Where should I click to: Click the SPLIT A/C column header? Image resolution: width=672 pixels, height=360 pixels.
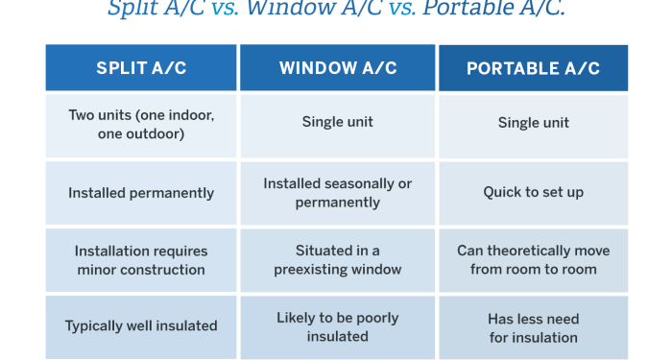tap(141, 68)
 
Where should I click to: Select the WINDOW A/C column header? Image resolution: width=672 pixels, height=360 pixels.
tap(338, 68)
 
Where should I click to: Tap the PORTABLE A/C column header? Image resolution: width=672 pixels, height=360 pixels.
tap(533, 68)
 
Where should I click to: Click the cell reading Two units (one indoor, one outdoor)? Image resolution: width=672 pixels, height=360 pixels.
tap(141, 125)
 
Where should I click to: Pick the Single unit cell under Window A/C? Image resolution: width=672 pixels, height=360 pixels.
tap(338, 123)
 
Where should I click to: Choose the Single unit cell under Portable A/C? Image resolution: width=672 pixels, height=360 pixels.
tap(533, 123)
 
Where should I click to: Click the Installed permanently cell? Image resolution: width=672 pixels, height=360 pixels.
tap(141, 193)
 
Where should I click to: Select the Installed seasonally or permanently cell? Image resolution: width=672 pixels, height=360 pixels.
tap(338, 193)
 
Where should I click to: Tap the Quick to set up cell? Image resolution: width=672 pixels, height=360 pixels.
tap(533, 193)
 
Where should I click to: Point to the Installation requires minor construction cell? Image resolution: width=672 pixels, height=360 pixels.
tap(141, 260)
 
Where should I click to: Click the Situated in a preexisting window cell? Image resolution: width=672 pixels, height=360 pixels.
tap(338, 260)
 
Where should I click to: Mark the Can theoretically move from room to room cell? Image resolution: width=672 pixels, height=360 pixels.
tap(533, 260)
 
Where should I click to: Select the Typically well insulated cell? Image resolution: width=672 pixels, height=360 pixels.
tap(141, 326)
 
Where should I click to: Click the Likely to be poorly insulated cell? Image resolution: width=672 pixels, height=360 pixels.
tap(338, 326)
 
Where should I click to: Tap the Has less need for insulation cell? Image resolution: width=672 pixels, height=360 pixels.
tap(533, 327)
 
